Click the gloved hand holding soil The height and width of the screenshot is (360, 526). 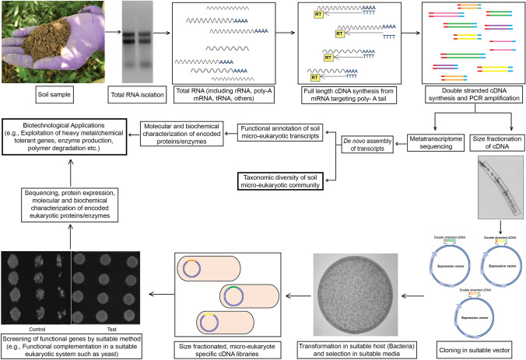point(39,47)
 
